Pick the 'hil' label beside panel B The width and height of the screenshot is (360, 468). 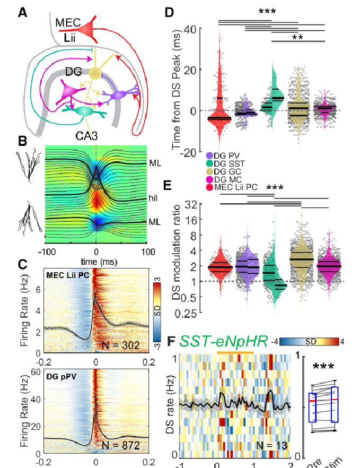[154, 198]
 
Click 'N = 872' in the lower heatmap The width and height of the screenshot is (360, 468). [121, 446]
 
